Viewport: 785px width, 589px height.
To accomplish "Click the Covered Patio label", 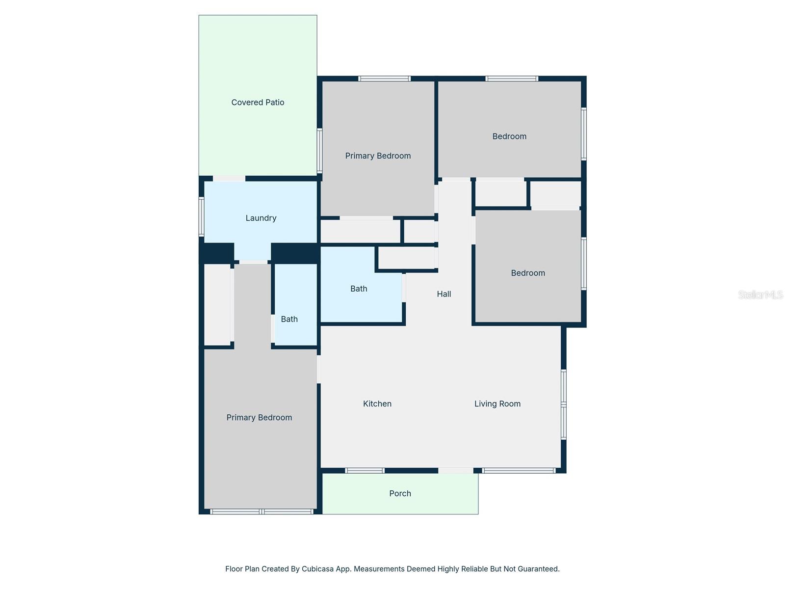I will tap(258, 102).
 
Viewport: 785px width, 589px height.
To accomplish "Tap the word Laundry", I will tap(261, 218).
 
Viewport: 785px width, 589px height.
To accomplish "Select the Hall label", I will tap(444, 294).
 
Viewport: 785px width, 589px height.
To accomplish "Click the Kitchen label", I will tap(377, 403).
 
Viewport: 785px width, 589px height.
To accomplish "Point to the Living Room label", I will tap(497, 403).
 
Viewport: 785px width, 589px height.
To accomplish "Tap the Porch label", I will tap(400, 493).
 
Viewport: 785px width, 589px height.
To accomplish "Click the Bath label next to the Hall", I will tap(359, 289).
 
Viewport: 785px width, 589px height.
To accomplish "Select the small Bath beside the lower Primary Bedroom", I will tap(289, 319).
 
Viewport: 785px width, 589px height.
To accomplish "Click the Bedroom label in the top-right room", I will tap(509, 136).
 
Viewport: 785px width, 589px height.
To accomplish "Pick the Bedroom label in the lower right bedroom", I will tap(527, 273).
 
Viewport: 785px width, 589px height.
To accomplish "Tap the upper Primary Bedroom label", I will tap(378, 156).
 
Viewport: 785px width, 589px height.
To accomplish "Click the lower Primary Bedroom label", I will tap(259, 417).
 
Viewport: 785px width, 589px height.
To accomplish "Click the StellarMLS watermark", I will tap(760, 294).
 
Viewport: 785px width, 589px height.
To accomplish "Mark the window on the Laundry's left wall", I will tap(201, 216).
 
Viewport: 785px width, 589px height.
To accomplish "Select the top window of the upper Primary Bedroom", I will tap(384, 79).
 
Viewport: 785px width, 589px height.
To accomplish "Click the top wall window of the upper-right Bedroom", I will tap(512, 79).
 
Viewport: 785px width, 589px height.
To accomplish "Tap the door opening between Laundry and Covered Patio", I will tap(229, 179).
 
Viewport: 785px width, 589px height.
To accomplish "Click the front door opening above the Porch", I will tap(455, 471).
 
